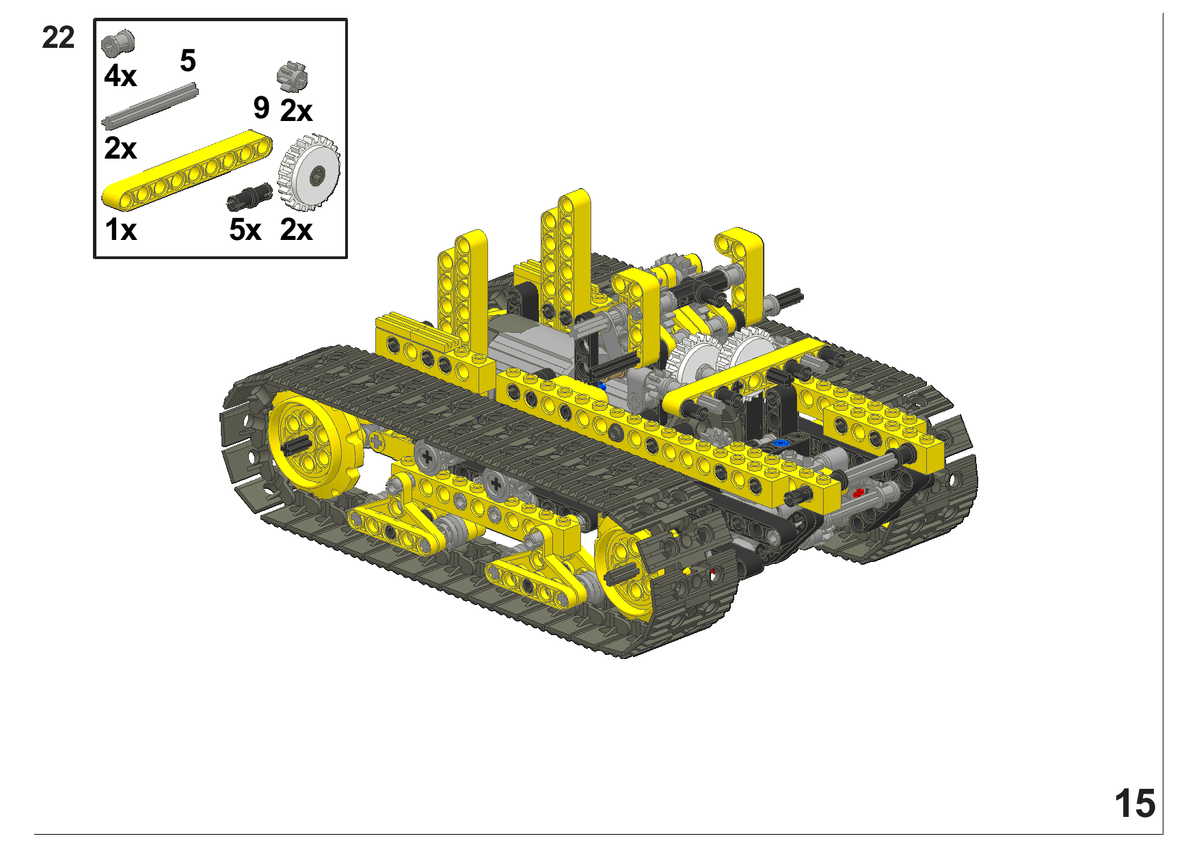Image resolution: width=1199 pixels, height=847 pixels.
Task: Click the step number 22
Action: tap(58, 38)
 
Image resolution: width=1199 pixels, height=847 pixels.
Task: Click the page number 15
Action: tap(1135, 803)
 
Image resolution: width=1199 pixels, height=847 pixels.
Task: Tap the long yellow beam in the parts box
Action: tap(187, 170)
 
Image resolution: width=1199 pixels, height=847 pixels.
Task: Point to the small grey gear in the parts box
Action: tap(293, 76)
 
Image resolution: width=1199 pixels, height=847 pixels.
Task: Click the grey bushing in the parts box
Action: tap(118, 42)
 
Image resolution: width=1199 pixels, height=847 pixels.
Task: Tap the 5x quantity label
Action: tap(245, 230)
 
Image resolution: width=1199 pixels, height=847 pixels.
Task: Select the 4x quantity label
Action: tap(120, 75)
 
